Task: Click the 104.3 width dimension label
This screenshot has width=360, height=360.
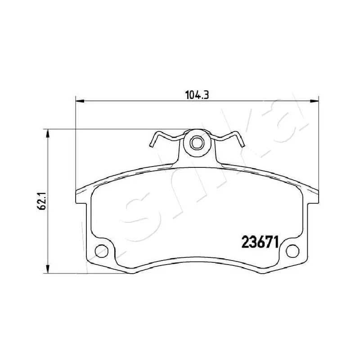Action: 197,95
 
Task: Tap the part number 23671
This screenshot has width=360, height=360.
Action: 260,242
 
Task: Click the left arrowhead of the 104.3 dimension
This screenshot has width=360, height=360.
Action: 80,100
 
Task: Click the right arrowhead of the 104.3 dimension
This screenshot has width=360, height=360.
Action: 314,100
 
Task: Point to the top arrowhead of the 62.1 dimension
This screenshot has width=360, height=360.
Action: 48,133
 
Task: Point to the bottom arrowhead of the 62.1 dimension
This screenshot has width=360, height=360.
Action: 48,269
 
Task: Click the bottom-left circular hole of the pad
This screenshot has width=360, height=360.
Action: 101,251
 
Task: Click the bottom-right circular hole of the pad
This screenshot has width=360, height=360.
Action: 293,251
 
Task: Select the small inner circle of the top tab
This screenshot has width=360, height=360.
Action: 197,143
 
